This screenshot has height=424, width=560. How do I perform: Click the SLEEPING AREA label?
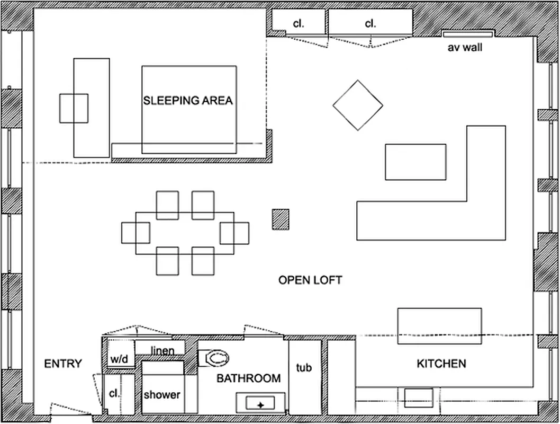tap(188, 100)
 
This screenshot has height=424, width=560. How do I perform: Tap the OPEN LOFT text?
tap(310, 280)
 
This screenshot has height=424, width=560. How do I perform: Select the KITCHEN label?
tap(441, 364)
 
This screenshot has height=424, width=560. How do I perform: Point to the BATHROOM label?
tap(248, 378)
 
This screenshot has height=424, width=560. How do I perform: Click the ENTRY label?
tap(63, 364)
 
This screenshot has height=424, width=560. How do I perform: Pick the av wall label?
tap(465, 48)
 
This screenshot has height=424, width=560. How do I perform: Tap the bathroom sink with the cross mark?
tap(260, 404)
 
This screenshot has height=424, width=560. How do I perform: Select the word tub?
tap(304, 367)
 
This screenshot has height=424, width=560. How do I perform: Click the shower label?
tap(162, 395)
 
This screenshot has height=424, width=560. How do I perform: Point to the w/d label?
tap(120, 359)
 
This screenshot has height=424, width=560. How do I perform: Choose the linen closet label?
tap(162, 350)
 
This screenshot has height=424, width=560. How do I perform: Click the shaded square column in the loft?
tap(281, 219)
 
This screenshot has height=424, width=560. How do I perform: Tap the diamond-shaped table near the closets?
tap(358, 105)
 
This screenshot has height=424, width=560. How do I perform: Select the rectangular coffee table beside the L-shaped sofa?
tap(416, 162)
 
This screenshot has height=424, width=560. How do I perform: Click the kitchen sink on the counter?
tap(418, 397)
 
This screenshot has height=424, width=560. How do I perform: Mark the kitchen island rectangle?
tap(439, 326)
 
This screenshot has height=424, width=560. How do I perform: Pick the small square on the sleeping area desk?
tap(74, 108)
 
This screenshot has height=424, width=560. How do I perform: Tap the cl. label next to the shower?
tap(114, 394)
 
